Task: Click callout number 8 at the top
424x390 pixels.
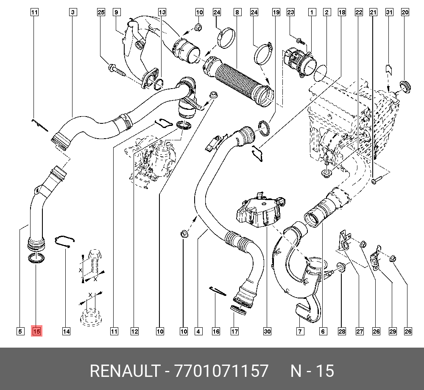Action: pyautogui.click(x=236, y=12)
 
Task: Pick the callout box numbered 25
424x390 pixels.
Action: pyautogui.click(x=100, y=12)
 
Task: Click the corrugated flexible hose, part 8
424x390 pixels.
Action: pyautogui.click(x=240, y=81)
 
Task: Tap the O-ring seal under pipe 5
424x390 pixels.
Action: pyautogui.click(x=36, y=258)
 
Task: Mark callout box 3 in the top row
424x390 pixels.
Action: pyautogui.click(x=73, y=12)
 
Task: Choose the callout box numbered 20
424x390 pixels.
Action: pyautogui.click(x=405, y=12)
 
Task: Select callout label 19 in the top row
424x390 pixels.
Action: pyautogui.click(x=276, y=12)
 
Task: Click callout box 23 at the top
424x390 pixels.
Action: pyautogui.click(x=290, y=12)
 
